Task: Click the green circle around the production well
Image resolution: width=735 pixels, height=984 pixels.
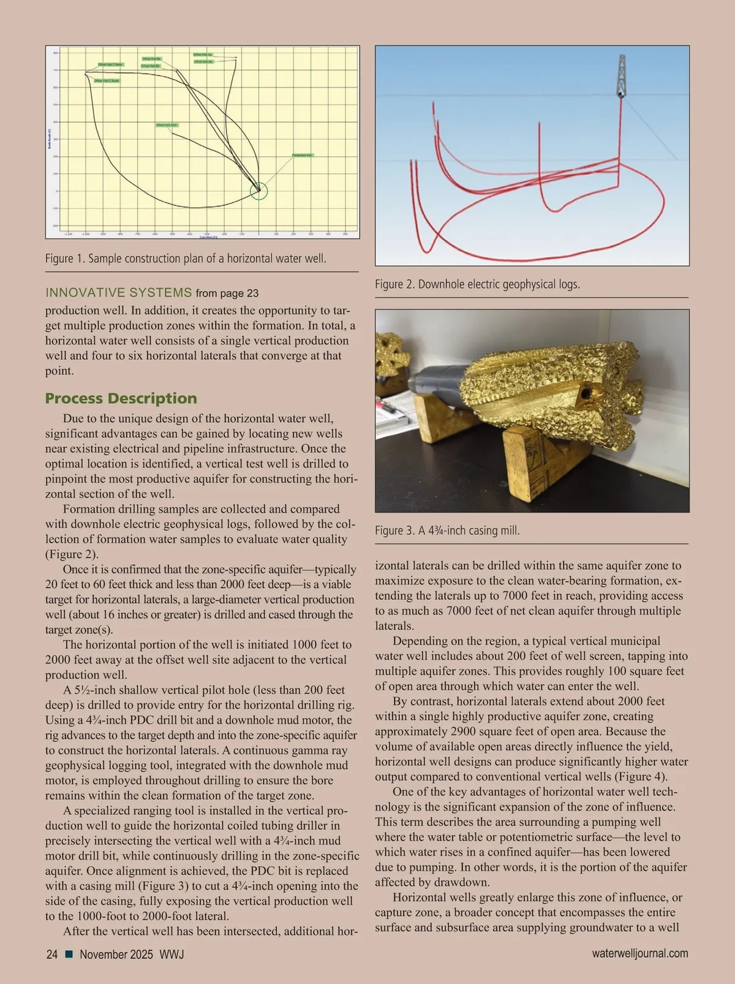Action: click(x=259, y=191)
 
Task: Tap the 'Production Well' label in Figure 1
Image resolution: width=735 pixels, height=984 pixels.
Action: click(x=303, y=156)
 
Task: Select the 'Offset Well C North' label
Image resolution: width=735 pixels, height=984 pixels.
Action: click(x=111, y=64)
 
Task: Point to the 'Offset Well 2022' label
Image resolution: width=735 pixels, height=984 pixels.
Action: click(x=167, y=125)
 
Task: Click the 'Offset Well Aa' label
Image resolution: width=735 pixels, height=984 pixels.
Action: click(x=203, y=55)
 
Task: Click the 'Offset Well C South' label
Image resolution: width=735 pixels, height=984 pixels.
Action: click(x=107, y=80)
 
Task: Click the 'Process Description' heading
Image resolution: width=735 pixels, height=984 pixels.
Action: click(x=121, y=398)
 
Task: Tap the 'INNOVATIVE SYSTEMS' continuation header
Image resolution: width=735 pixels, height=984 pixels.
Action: click(x=119, y=293)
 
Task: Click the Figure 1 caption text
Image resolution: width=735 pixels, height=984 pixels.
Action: click(x=186, y=259)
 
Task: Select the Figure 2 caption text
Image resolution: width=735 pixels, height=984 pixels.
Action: click(x=477, y=284)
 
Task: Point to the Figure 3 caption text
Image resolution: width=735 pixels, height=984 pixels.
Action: click(x=447, y=531)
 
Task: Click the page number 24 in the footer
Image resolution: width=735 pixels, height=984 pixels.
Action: click(x=52, y=954)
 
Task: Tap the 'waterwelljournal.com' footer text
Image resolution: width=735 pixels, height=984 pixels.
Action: click(x=640, y=953)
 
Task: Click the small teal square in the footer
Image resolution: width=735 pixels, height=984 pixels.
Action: click(x=69, y=954)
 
